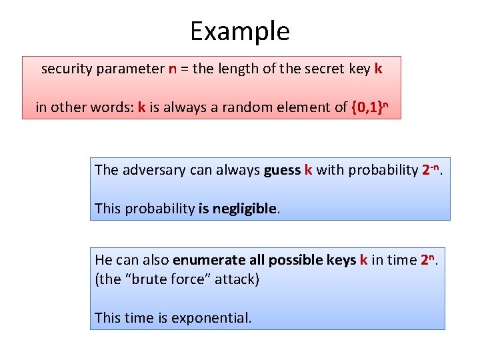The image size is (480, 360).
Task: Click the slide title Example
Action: coord(240,31)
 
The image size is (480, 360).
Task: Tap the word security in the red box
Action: coord(65,69)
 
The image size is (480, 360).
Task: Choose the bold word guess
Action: coord(282,170)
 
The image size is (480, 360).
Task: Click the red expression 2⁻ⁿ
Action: coord(433,169)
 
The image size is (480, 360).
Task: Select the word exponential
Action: coord(211,318)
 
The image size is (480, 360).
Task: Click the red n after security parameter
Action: coord(173,69)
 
